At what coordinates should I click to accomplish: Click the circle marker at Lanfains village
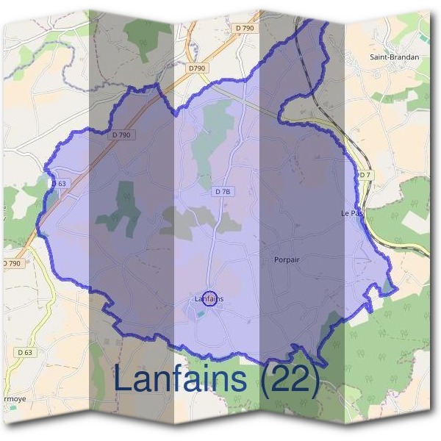coord(209,298)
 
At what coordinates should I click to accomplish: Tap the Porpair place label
coord(287,259)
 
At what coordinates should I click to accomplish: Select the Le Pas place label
coord(351,213)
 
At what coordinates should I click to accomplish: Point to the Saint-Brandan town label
coord(395,56)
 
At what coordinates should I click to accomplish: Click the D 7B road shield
coord(223,191)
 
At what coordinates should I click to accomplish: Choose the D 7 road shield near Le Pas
coord(364,174)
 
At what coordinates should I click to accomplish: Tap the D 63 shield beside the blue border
coord(59,183)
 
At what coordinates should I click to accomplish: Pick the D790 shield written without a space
coord(196,68)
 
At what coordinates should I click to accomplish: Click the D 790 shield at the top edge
coord(245,27)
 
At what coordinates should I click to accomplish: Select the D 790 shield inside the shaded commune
coord(122,135)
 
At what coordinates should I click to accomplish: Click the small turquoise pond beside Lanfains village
coord(200,314)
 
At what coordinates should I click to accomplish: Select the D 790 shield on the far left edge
coord(10,263)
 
